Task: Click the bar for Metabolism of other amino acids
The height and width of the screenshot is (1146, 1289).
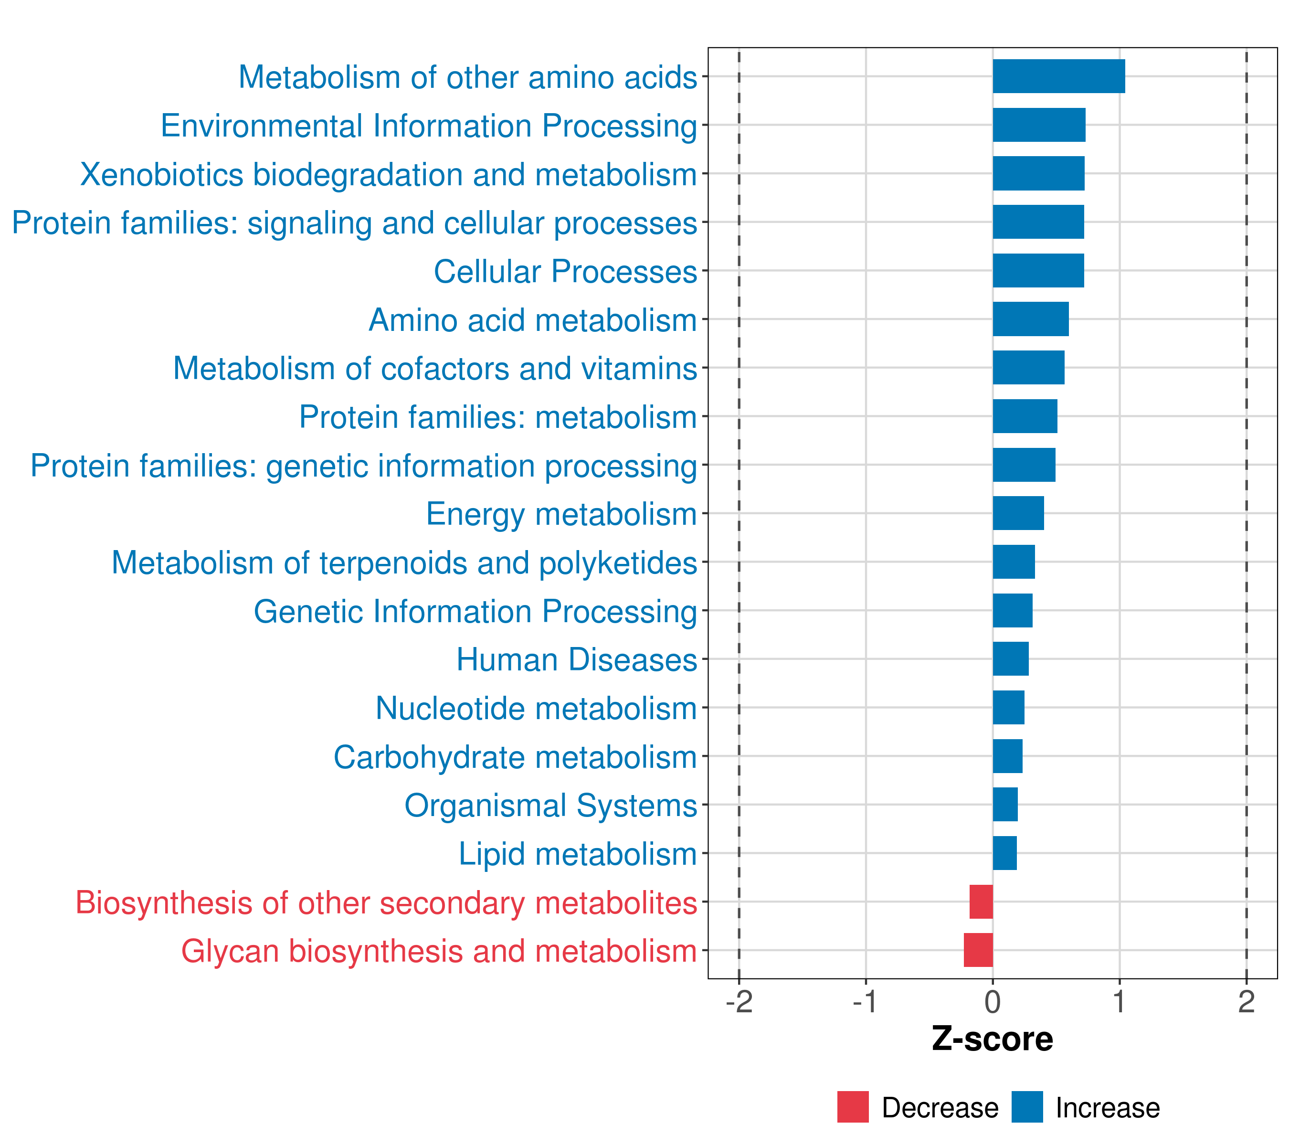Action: [1058, 76]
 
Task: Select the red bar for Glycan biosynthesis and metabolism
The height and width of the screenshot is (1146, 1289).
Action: [978, 950]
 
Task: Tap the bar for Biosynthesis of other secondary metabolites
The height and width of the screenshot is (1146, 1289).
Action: [981, 902]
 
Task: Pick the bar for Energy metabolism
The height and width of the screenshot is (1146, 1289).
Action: [1018, 513]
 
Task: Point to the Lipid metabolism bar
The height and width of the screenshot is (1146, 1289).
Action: [1004, 853]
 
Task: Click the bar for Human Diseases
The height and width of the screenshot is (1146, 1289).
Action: [1010, 658]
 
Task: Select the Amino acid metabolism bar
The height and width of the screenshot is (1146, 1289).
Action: [1030, 319]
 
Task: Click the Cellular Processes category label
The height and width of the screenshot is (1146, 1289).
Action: [565, 271]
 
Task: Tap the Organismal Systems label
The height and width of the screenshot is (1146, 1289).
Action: [550, 806]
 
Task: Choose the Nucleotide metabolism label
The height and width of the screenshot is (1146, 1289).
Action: [536, 708]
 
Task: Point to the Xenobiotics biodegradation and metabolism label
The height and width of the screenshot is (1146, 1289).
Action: [389, 175]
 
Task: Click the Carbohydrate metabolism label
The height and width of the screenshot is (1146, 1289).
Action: [515, 757]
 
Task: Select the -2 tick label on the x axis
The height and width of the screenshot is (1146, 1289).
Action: [739, 1002]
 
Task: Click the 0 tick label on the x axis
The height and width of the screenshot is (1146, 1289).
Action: [993, 1002]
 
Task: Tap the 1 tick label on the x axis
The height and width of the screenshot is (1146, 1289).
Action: [1120, 1002]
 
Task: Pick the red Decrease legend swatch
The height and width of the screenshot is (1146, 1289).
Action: [853, 1106]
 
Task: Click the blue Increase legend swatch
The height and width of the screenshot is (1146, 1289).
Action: [1026, 1106]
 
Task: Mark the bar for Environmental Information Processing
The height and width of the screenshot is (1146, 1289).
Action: [1039, 125]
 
